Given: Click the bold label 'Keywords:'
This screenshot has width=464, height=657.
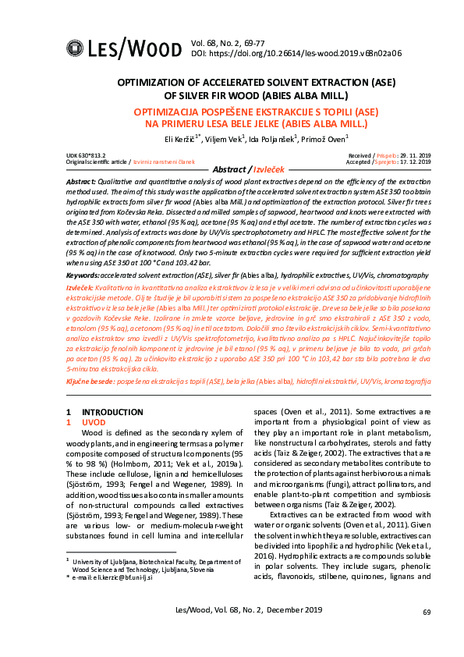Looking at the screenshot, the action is [x=83, y=275].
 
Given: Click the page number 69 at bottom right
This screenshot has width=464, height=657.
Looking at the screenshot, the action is [x=426, y=612].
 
